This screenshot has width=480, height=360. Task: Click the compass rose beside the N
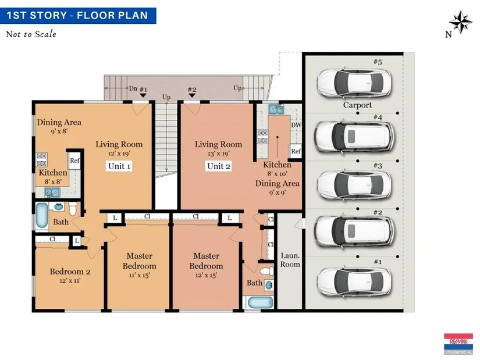click(x=460, y=22)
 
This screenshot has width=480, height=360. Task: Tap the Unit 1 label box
click(x=119, y=166)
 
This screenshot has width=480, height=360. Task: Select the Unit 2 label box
click(x=218, y=166)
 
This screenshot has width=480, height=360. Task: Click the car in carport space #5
click(x=354, y=83)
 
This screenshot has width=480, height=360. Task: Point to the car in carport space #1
click(x=354, y=283)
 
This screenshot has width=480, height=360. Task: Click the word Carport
click(x=357, y=105)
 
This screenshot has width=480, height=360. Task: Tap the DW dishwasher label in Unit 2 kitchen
click(x=296, y=125)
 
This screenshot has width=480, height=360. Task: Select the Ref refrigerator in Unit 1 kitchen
click(x=74, y=161)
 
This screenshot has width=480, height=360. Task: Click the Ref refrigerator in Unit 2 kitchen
click(x=296, y=151)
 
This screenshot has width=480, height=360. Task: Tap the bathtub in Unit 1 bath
click(x=42, y=215)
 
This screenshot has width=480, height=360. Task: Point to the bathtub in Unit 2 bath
click(x=260, y=303)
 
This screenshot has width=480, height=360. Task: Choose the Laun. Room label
click(x=290, y=260)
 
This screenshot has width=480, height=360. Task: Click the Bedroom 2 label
click(x=70, y=272)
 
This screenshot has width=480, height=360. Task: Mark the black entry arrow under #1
click(x=143, y=96)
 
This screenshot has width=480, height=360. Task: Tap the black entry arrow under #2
click(x=192, y=96)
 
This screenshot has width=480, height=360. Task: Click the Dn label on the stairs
click(x=133, y=88)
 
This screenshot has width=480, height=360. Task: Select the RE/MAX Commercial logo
click(x=458, y=344)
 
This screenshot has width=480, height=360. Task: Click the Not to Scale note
click(x=31, y=34)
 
